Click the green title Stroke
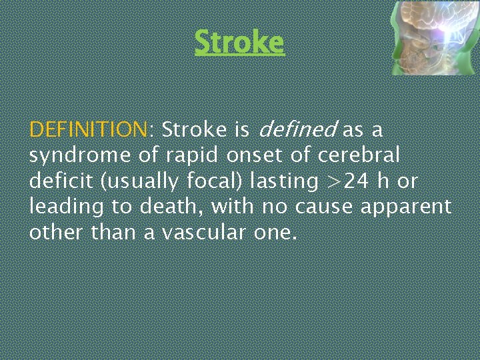tap(239, 43)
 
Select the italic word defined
tap(297, 129)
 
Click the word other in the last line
tap(53, 233)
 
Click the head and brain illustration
tap(433, 37)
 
